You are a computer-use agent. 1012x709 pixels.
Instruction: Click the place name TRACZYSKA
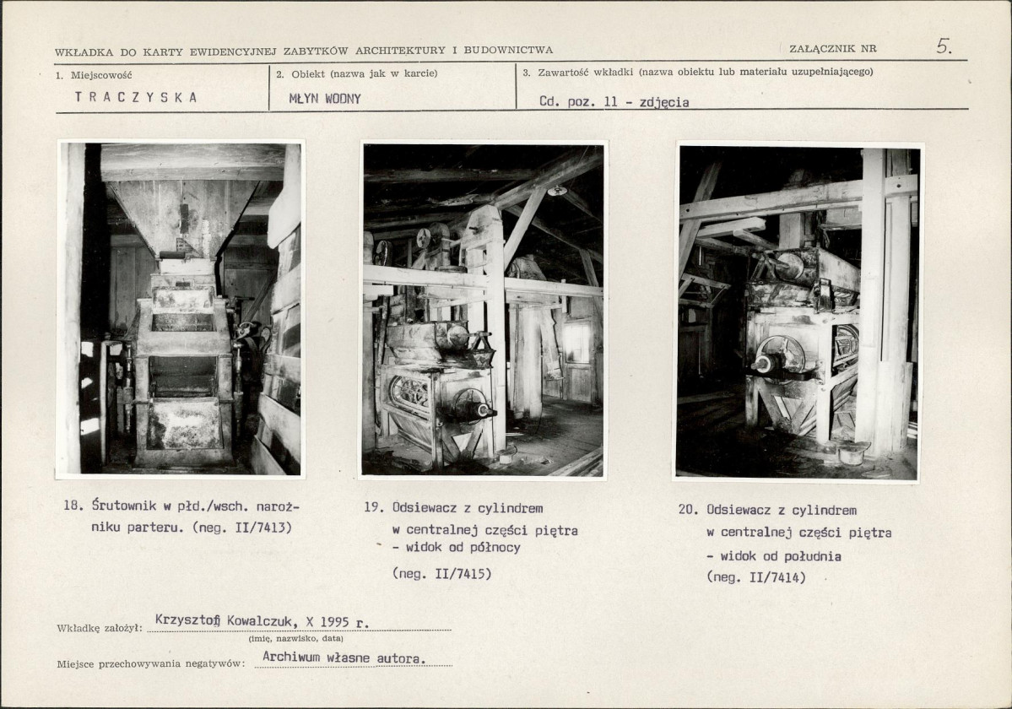(x=136, y=97)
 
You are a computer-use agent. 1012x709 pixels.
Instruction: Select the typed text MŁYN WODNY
(x=325, y=99)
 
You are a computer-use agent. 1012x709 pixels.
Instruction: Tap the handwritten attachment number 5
(x=944, y=46)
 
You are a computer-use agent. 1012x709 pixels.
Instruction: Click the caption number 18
(x=73, y=506)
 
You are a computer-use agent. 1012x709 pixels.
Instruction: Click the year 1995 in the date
(x=334, y=622)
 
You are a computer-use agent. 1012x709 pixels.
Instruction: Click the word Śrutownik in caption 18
(x=125, y=506)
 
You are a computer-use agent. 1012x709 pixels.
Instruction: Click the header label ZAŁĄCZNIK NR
(x=832, y=48)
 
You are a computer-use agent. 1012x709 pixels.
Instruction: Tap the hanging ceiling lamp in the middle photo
(x=555, y=191)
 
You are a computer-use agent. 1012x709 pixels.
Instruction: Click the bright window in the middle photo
(x=576, y=342)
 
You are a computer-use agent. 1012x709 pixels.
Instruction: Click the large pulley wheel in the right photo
(x=780, y=357)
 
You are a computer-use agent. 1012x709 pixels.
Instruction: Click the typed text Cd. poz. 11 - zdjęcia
(x=614, y=102)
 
